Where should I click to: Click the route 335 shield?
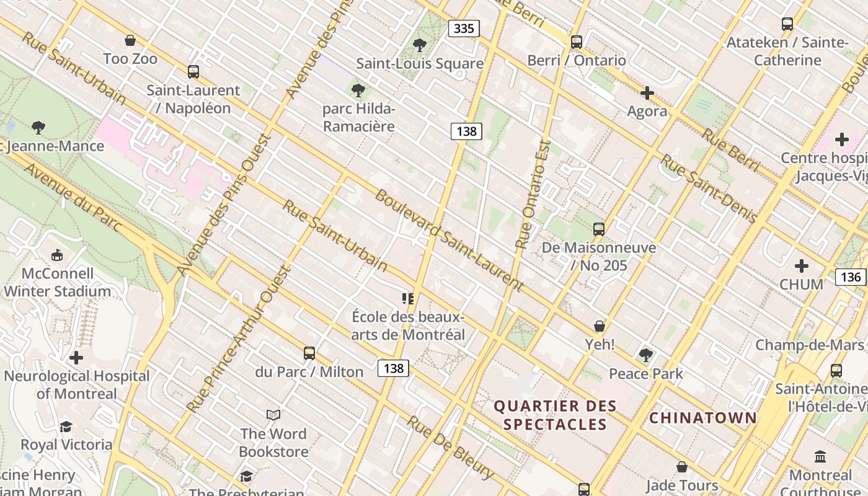[x=464, y=29]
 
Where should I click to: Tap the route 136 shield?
[x=851, y=277]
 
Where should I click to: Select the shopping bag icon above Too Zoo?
[x=130, y=41]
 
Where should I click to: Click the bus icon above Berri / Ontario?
[x=577, y=42]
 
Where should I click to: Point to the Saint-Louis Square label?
[x=420, y=63]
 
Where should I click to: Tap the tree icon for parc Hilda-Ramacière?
[x=358, y=91]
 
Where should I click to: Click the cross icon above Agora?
[x=647, y=94]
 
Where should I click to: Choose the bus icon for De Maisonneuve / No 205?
[x=598, y=229]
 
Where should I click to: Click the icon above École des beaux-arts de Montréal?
[x=407, y=299]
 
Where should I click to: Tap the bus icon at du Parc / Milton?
[x=309, y=354]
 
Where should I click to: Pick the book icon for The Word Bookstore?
[x=273, y=415]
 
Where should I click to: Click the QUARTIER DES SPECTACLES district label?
[x=555, y=415]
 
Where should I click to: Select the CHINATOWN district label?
[x=703, y=418]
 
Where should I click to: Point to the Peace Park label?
[x=646, y=373]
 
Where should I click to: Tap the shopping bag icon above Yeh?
[x=600, y=326]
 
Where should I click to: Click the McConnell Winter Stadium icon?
[x=57, y=255]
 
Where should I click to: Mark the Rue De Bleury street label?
[x=451, y=448]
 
